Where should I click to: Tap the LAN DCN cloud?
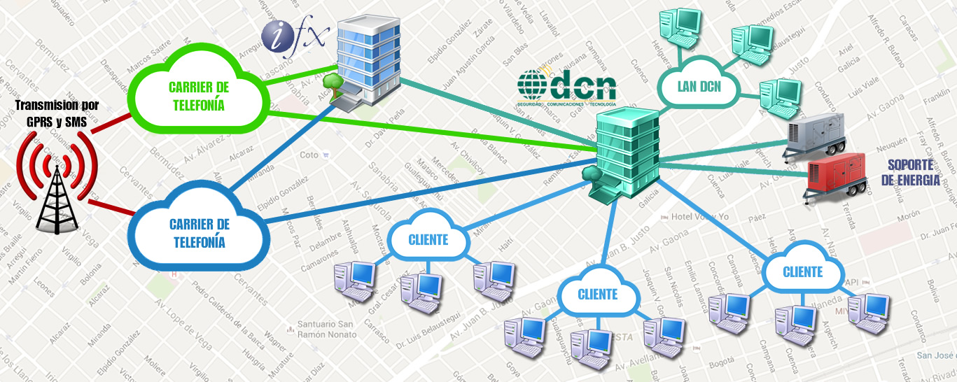[x=698, y=87]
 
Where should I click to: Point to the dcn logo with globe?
[x=567, y=87]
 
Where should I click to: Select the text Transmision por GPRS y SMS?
[x=57, y=113]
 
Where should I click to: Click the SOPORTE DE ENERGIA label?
[x=909, y=172]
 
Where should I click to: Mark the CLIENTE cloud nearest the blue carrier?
[x=428, y=240]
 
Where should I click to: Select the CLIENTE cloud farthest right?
[x=802, y=271]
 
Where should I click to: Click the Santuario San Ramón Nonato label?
[x=326, y=329]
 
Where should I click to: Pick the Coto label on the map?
[x=308, y=155]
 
